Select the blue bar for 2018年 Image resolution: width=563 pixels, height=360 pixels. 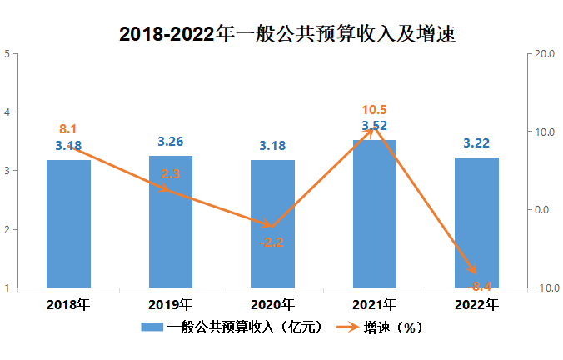pyautogui.click(x=68, y=225)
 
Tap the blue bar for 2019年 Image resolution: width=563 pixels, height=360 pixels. pyautogui.click(x=170, y=223)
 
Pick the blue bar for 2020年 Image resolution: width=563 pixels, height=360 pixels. pyautogui.click(x=272, y=225)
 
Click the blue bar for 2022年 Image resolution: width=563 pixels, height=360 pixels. pyautogui.click(x=476, y=223)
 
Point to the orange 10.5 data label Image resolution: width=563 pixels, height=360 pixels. pyautogui.click(x=374, y=110)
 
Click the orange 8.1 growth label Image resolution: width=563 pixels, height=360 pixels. pyautogui.click(x=67, y=129)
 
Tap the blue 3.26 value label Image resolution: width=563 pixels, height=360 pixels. pyautogui.click(x=170, y=141)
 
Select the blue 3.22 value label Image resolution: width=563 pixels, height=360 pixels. pyautogui.click(x=476, y=143)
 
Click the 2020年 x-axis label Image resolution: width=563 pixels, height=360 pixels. pyautogui.click(x=272, y=304)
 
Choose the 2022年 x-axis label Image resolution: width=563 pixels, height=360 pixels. pyautogui.click(x=476, y=304)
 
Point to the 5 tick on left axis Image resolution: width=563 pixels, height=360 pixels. pyautogui.click(x=7, y=54)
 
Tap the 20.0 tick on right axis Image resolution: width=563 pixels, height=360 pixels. pyautogui.click(x=544, y=54)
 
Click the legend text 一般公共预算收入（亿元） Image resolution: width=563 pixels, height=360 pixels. pyautogui.click(x=244, y=327)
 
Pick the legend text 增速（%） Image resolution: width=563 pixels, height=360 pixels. pyautogui.click(x=393, y=327)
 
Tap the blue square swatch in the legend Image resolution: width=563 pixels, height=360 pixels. pyautogui.click(x=151, y=327)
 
